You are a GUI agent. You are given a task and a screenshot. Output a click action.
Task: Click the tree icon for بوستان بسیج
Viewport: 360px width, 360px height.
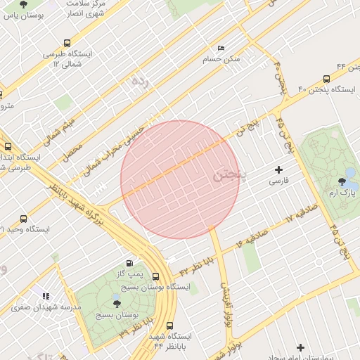coord(117,304)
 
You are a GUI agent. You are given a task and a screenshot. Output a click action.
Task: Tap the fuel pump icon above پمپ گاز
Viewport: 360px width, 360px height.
coord(128,262)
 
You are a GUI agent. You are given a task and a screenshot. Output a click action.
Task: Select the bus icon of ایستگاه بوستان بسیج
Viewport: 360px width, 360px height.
coord(155,276)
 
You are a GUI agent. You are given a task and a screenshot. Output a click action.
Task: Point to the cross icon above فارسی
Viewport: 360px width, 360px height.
coord(279,169)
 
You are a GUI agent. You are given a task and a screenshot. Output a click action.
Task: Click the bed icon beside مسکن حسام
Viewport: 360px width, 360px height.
coord(221,49)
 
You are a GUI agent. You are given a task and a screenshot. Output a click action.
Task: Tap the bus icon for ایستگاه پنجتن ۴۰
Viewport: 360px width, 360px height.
coord(326,79)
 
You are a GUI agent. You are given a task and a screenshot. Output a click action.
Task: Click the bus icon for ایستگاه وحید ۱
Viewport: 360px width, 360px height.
coord(24,219)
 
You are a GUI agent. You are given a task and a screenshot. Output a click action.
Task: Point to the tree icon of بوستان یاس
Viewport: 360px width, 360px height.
coord(24,4)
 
